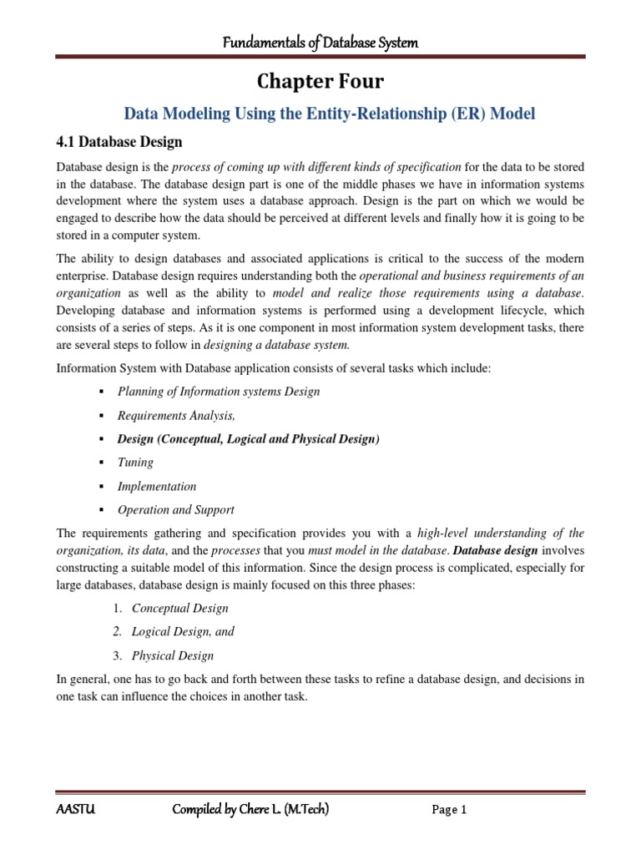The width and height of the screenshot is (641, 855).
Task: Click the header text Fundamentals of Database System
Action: (320, 42)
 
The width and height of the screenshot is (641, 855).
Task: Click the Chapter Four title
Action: (320, 82)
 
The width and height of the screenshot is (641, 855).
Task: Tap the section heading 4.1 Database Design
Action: (119, 141)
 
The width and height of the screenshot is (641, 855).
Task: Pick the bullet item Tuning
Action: (135, 462)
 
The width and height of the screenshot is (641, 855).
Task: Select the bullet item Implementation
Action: (157, 486)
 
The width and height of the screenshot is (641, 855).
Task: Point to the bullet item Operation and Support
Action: (175, 509)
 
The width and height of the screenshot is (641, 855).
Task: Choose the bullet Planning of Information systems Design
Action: (219, 391)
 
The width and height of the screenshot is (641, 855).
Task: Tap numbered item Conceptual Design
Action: (180, 608)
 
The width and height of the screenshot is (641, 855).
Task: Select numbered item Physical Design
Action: (173, 655)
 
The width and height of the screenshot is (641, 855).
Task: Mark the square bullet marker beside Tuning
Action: (100, 463)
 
